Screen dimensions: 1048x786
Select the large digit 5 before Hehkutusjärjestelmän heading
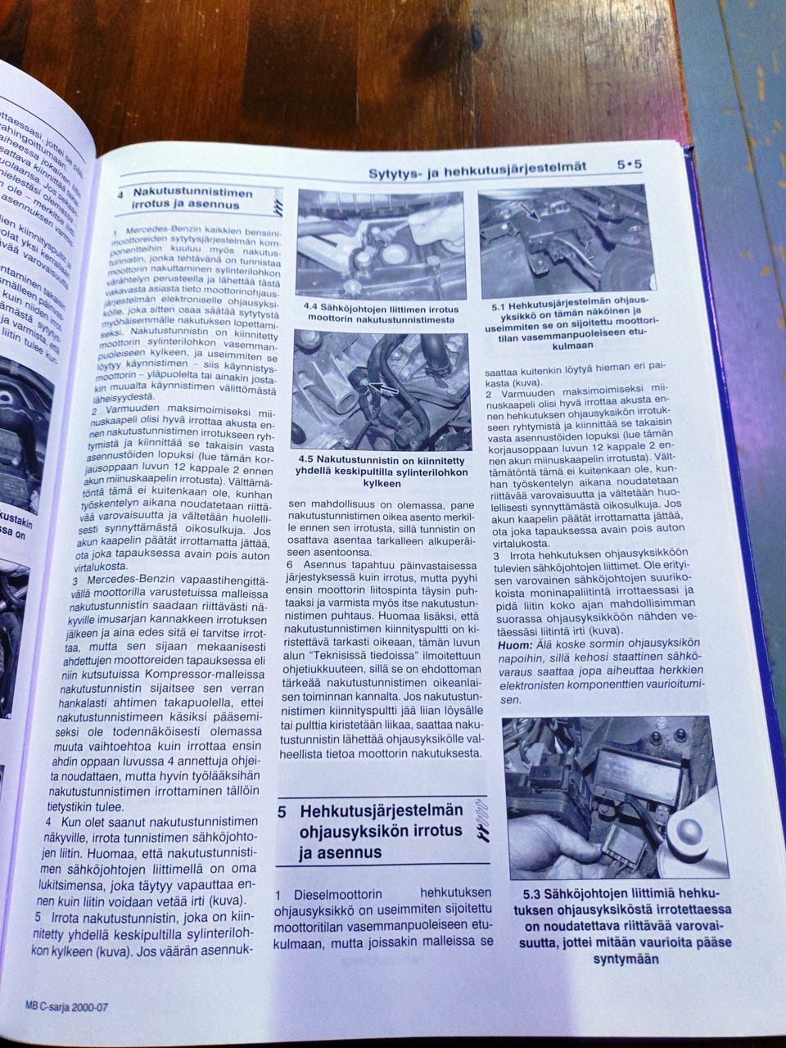[282, 814]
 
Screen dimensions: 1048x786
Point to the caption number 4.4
[311, 308]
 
